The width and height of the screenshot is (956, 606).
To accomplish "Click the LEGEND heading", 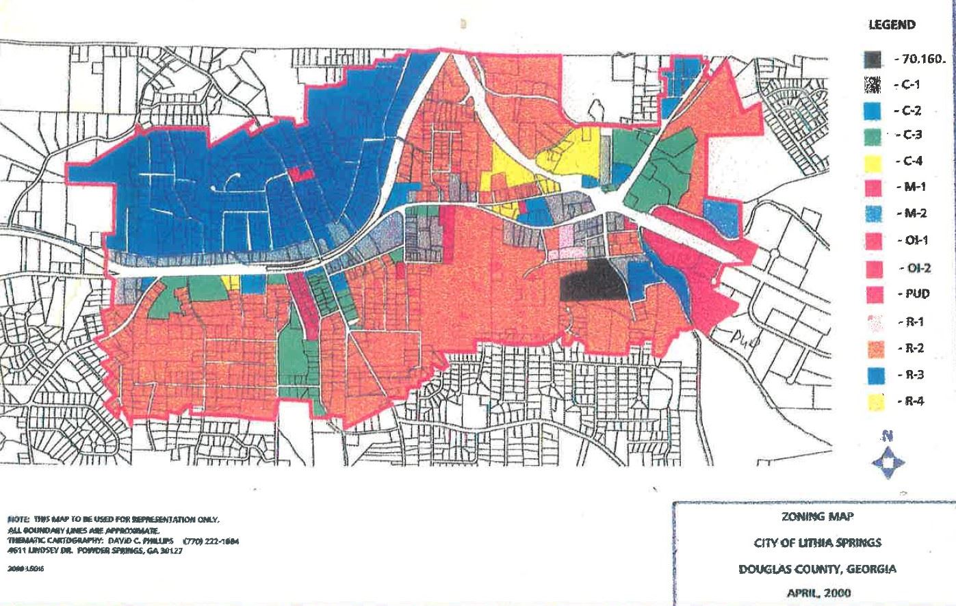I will [x=892, y=25].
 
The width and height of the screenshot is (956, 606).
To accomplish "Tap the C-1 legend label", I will [x=909, y=85].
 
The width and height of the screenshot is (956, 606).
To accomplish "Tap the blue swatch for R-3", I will [x=873, y=376].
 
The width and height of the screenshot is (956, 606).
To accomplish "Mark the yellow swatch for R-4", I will [x=873, y=402].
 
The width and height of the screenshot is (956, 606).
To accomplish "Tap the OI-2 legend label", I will [x=911, y=267].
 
